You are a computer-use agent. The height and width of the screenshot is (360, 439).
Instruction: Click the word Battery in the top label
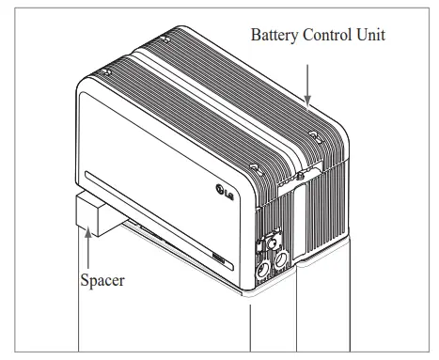274,34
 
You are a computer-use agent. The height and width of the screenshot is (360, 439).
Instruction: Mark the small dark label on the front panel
218,257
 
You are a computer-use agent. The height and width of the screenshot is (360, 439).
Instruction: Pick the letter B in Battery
254,34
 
